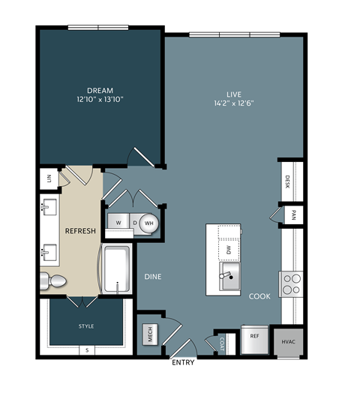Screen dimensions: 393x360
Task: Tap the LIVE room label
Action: [x=234, y=94]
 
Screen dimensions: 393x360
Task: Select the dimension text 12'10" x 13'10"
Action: [x=99, y=98]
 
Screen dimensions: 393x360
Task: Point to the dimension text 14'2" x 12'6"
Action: [x=234, y=104]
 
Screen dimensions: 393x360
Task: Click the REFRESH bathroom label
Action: [x=80, y=231]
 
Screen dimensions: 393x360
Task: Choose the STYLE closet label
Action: [x=86, y=326]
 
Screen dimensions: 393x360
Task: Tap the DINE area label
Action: [x=153, y=277]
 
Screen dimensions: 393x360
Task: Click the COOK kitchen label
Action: [x=260, y=296]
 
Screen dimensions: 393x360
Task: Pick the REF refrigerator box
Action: [x=254, y=337]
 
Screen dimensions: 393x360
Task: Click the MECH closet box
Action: [x=150, y=335]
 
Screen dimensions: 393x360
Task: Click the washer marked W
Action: [x=118, y=223]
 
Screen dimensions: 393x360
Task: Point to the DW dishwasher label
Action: [x=229, y=248]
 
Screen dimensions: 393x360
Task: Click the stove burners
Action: [x=291, y=283]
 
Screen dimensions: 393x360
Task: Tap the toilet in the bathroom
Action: [x=54, y=281]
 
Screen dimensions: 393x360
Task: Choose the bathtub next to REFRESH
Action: [x=116, y=268]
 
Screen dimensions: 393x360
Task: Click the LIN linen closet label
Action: [x=49, y=179]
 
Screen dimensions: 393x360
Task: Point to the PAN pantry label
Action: [x=292, y=215]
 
